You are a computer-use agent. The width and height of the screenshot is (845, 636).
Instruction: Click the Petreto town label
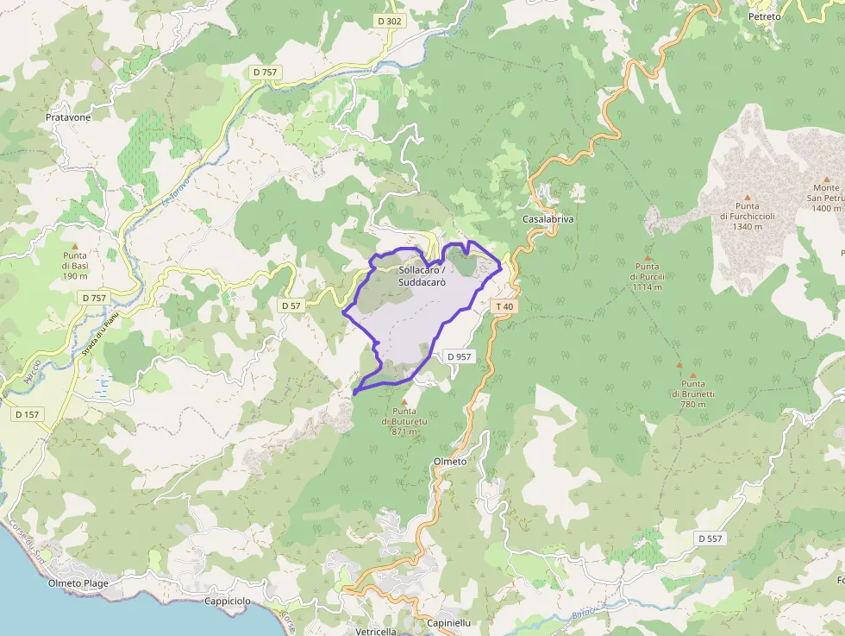click(x=764, y=16)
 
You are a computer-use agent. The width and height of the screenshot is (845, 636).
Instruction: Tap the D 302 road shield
click(x=390, y=21)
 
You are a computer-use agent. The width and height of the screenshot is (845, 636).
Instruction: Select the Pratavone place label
click(x=68, y=116)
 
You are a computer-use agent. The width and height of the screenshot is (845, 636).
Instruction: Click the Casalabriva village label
click(x=548, y=219)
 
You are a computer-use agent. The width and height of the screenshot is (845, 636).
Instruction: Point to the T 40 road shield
click(x=504, y=306)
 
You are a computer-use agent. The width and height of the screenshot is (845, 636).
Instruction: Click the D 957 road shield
click(x=460, y=356)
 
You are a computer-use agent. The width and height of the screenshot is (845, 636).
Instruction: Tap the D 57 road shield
click(x=291, y=305)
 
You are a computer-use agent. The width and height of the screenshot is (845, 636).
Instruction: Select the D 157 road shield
click(x=28, y=414)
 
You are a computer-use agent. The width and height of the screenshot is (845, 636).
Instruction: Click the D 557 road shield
click(x=710, y=538)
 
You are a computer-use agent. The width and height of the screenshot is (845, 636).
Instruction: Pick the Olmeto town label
click(x=450, y=462)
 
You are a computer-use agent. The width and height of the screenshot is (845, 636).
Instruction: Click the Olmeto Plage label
click(x=78, y=583)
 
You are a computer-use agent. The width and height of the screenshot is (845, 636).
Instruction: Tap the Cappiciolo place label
click(x=228, y=601)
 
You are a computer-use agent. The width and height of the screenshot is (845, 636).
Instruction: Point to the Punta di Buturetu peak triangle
click(x=404, y=401)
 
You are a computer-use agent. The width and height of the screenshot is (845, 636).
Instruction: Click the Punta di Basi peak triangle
click(x=74, y=247)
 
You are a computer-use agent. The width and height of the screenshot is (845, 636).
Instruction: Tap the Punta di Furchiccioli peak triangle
click(x=748, y=197)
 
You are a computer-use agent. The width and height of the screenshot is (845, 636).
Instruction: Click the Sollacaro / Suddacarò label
click(x=422, y=276)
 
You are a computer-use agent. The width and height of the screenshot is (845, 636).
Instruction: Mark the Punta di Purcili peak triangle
click(x=647, y=257)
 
